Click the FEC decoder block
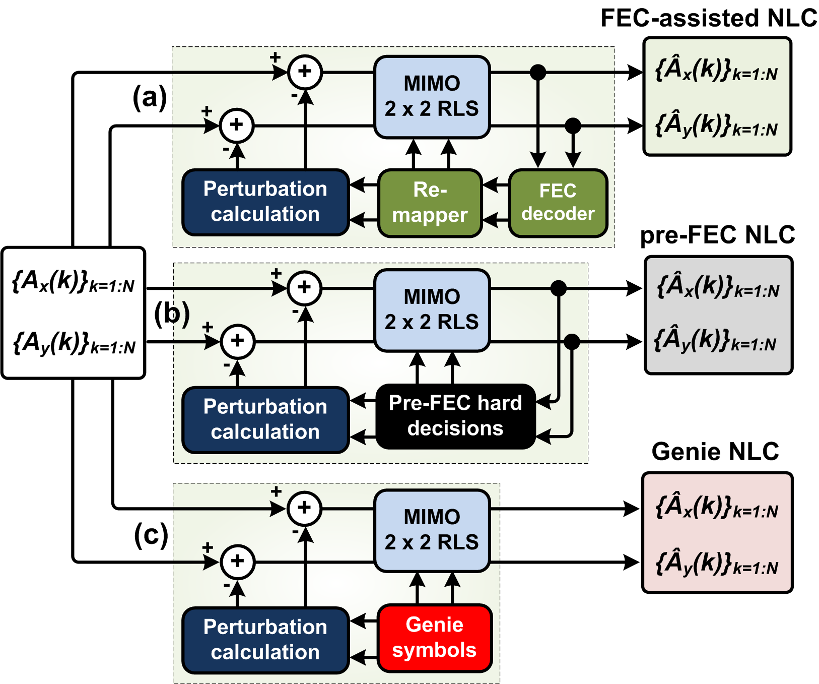[558, 203]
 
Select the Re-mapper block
[430, 203]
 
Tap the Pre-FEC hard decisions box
[455, 416]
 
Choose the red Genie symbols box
[434, 638]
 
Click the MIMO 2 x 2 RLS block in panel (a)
[432, 97]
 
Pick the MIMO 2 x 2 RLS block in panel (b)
[432, 310]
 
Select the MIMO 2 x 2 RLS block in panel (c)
[432, 530]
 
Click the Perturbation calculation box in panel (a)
[265, 202]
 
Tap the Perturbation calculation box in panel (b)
[265, 419]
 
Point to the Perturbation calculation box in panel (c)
[265, 640]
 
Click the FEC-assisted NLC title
[709, 19]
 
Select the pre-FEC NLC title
[717, 235]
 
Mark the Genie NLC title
[715, 452]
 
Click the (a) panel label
[150, 97]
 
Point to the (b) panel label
[172, 314]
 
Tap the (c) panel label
[151, 535]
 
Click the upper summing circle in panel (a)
[305, 72]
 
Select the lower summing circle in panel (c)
[238, 562]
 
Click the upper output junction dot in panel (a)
[538, 72]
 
